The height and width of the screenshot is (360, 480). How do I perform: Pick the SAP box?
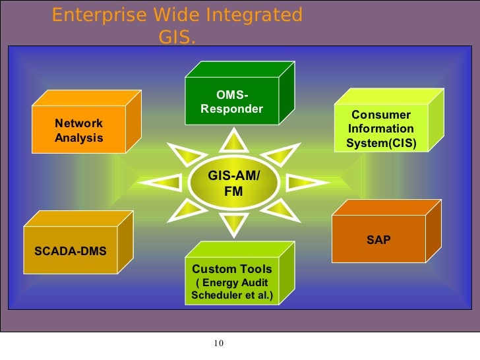tap(378, 240)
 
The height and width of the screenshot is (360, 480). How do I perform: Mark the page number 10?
tap(220, 343)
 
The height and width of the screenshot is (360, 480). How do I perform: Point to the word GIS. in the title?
tap(177, 38)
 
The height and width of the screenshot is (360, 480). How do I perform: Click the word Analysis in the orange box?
tap(79, 138)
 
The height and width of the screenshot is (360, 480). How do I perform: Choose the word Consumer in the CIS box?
tap(381, 115)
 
